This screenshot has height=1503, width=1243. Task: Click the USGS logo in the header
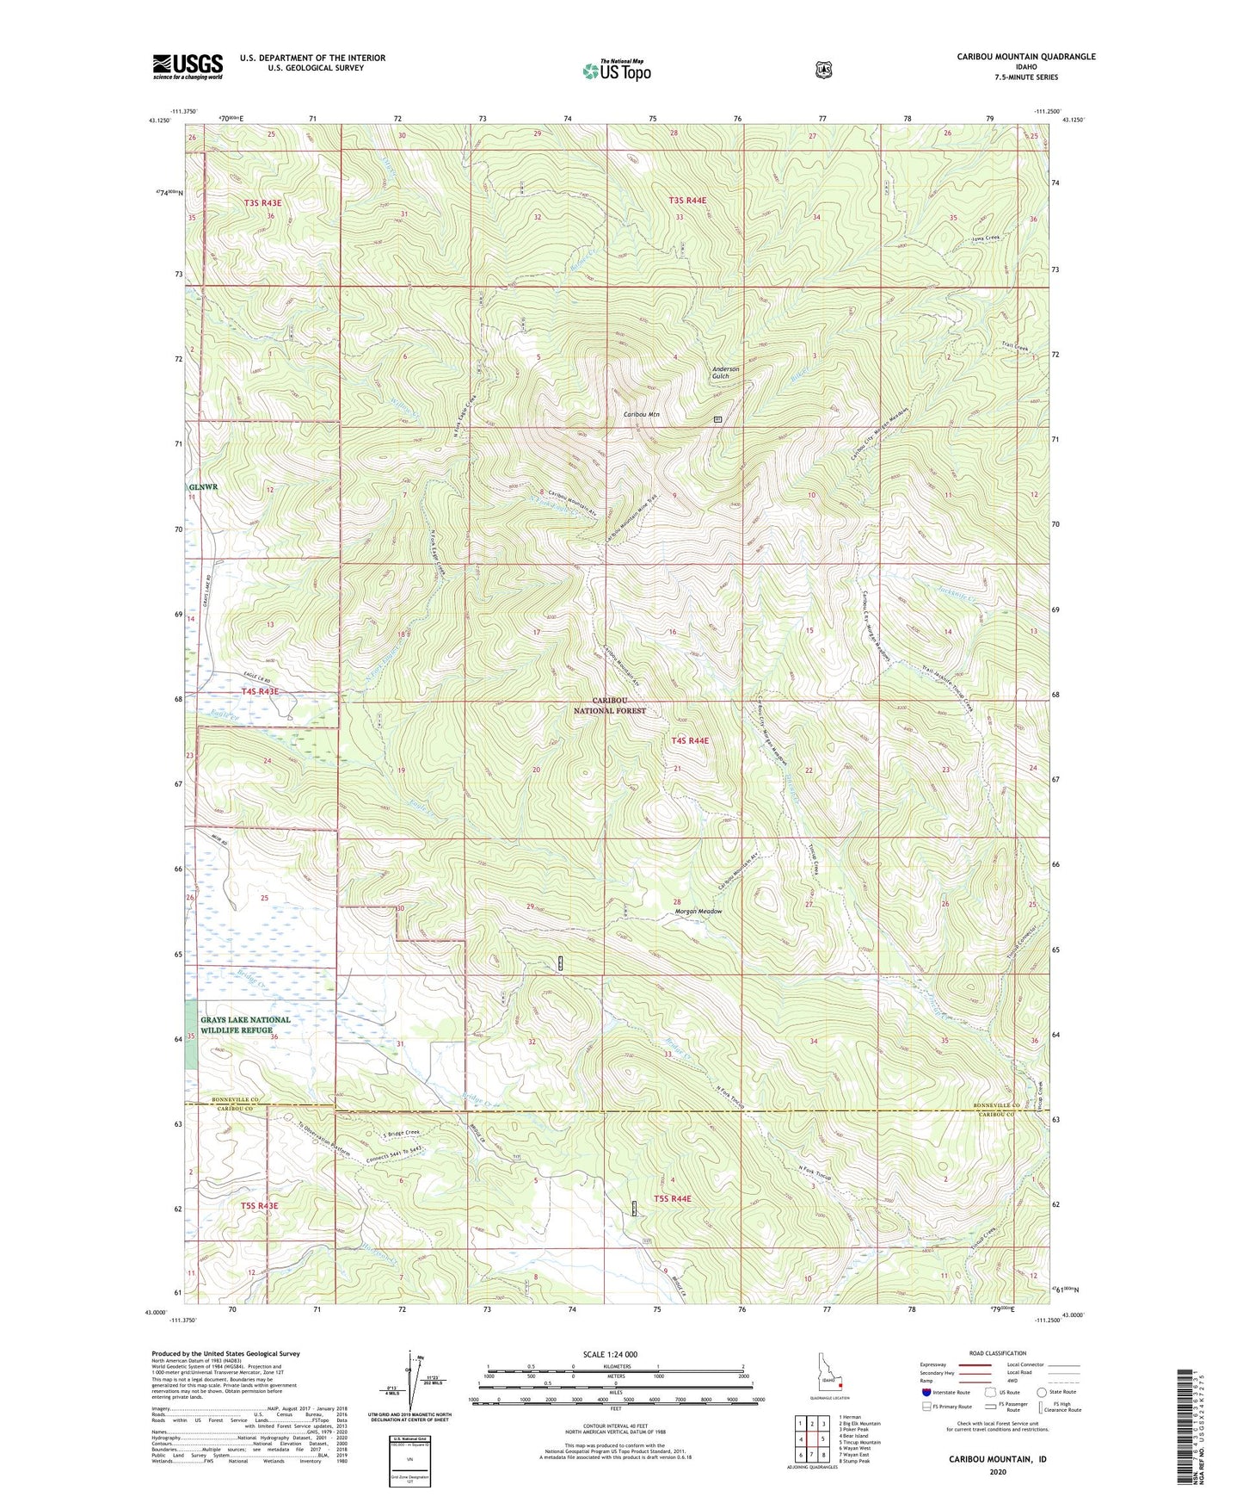pyautogui.click(x=188, y=66)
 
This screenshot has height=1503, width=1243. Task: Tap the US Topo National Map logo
pyautogui.click(x=616, y=70)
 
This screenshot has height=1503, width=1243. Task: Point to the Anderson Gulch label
pyautogui.click(x=725, y=373)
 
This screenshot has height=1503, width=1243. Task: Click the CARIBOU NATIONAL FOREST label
pyautogui.click(x=610, y=706)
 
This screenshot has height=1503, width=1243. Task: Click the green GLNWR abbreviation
pyautogui.click(x=204, y=486)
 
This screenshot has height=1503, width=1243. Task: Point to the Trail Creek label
pyautogui.click(x=1014, y=348)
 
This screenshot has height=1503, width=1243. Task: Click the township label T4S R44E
pyautogui.click(x=691, y=740)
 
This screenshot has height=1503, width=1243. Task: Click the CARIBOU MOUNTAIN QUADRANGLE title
pyautogui.click(x=1025, y=57)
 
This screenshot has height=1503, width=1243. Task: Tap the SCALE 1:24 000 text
pyautogui.click(x=610, y=1354)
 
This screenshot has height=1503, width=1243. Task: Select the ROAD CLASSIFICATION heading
pyautogui.click(x=998, y=1354)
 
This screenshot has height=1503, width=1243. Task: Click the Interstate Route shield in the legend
pyautogui.click(x=926, y=1392)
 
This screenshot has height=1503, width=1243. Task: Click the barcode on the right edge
pyautogui.click(x=1187, y=1429)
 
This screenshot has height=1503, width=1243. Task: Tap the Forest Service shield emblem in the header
pyautogui.click(x=824, y=70)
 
